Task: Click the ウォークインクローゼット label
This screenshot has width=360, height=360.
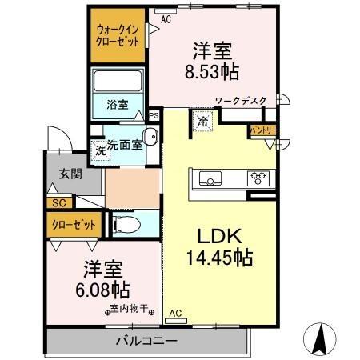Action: (x=116, y=35)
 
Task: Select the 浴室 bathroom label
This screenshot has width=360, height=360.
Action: (x=116, y=103)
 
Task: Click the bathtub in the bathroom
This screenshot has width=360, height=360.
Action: (x=117, y=82)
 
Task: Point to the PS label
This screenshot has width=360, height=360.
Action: (x=154, y=114)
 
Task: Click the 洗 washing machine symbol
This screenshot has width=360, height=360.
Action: (x=101, y=150)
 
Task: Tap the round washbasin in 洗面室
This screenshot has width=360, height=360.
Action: (x=149, y=136)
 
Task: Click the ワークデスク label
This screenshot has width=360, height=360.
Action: (x=243, y=101)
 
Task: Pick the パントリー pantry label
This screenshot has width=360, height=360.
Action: (x=263, y=130)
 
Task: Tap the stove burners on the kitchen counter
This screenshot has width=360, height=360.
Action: (x=258, y=178)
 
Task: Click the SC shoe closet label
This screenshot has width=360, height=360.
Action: (x=58, y=203)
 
